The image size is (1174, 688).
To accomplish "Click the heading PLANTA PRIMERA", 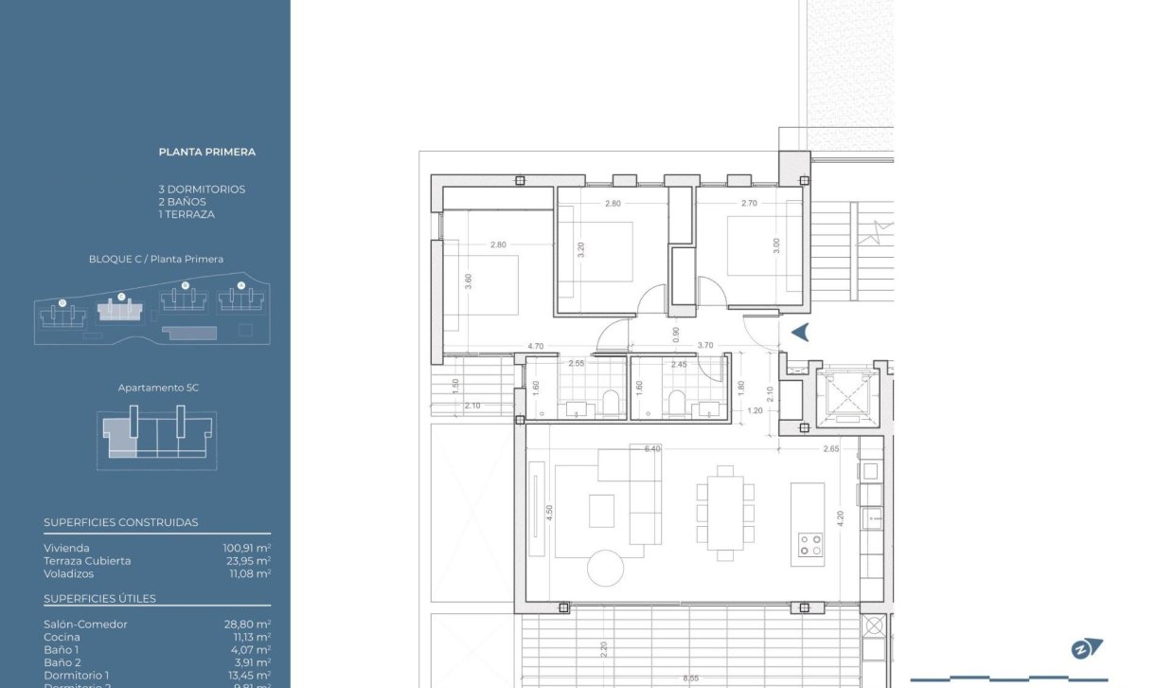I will point(206,152).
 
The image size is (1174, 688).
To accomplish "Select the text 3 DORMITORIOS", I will point(202,190).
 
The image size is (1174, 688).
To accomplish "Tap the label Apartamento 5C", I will point(158,388).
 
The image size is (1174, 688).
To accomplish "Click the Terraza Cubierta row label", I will point(87,561).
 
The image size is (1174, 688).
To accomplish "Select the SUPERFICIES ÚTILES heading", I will point(99,599).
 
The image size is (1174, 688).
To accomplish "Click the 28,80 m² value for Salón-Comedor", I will point(246,625).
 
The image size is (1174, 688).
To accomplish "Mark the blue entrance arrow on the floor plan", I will point(800,332).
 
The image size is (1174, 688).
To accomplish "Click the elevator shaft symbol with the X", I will point(847,396).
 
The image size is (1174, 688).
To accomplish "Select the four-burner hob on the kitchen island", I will point(809,544).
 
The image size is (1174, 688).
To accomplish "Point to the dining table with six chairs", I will point(725,511).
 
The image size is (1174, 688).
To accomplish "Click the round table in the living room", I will point(606,568).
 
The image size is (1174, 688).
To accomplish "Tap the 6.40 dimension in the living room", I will point(652,449).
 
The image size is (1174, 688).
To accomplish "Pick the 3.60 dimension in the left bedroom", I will point(468,281).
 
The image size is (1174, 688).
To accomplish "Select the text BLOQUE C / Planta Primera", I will point(155,259).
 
